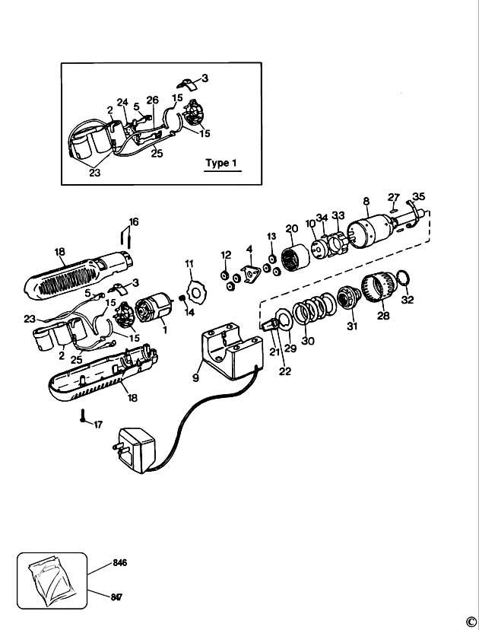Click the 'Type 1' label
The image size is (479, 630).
tap(221, 163)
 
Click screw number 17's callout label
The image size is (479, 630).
tap(97, 425)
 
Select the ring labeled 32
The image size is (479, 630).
tap(405, 279)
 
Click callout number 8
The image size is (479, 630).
tap(366, 202)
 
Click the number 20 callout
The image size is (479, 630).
tap(291, 229)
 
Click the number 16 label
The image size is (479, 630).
tap(134, 222)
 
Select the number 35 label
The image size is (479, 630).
tap(419, 196)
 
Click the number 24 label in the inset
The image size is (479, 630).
tap(122, 102)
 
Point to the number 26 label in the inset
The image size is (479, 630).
tap(152, 99)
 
